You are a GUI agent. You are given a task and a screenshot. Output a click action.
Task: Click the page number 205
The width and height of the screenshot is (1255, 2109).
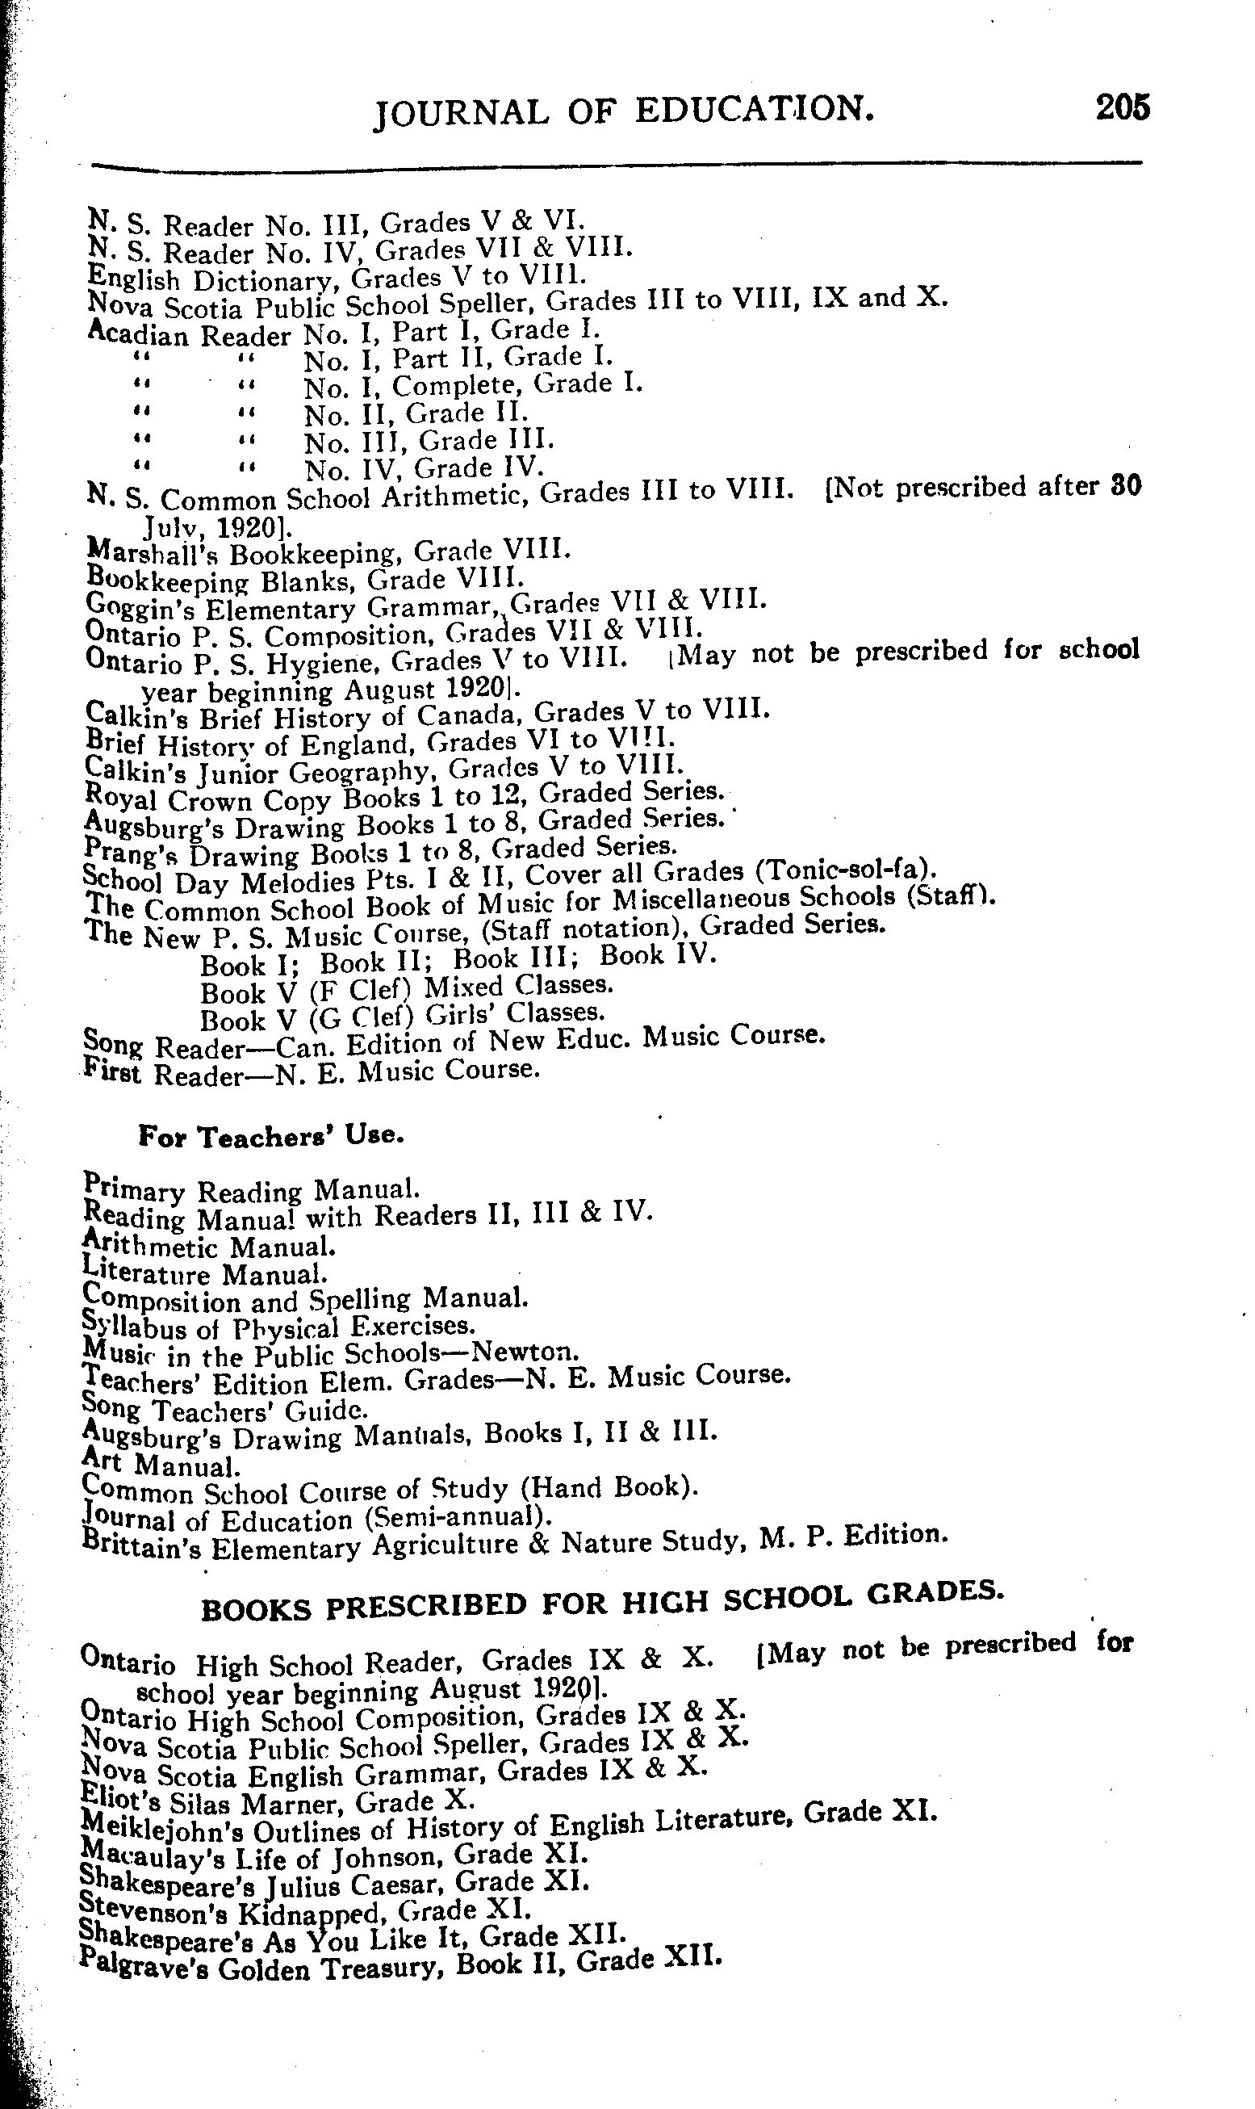(x=1122, y=108)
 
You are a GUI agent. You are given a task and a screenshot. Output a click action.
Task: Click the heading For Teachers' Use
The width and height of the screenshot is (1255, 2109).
(x=270, y=1136)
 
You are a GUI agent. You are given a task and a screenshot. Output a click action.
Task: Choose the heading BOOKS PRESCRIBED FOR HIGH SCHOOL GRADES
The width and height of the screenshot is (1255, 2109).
(x=602, y=1603)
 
